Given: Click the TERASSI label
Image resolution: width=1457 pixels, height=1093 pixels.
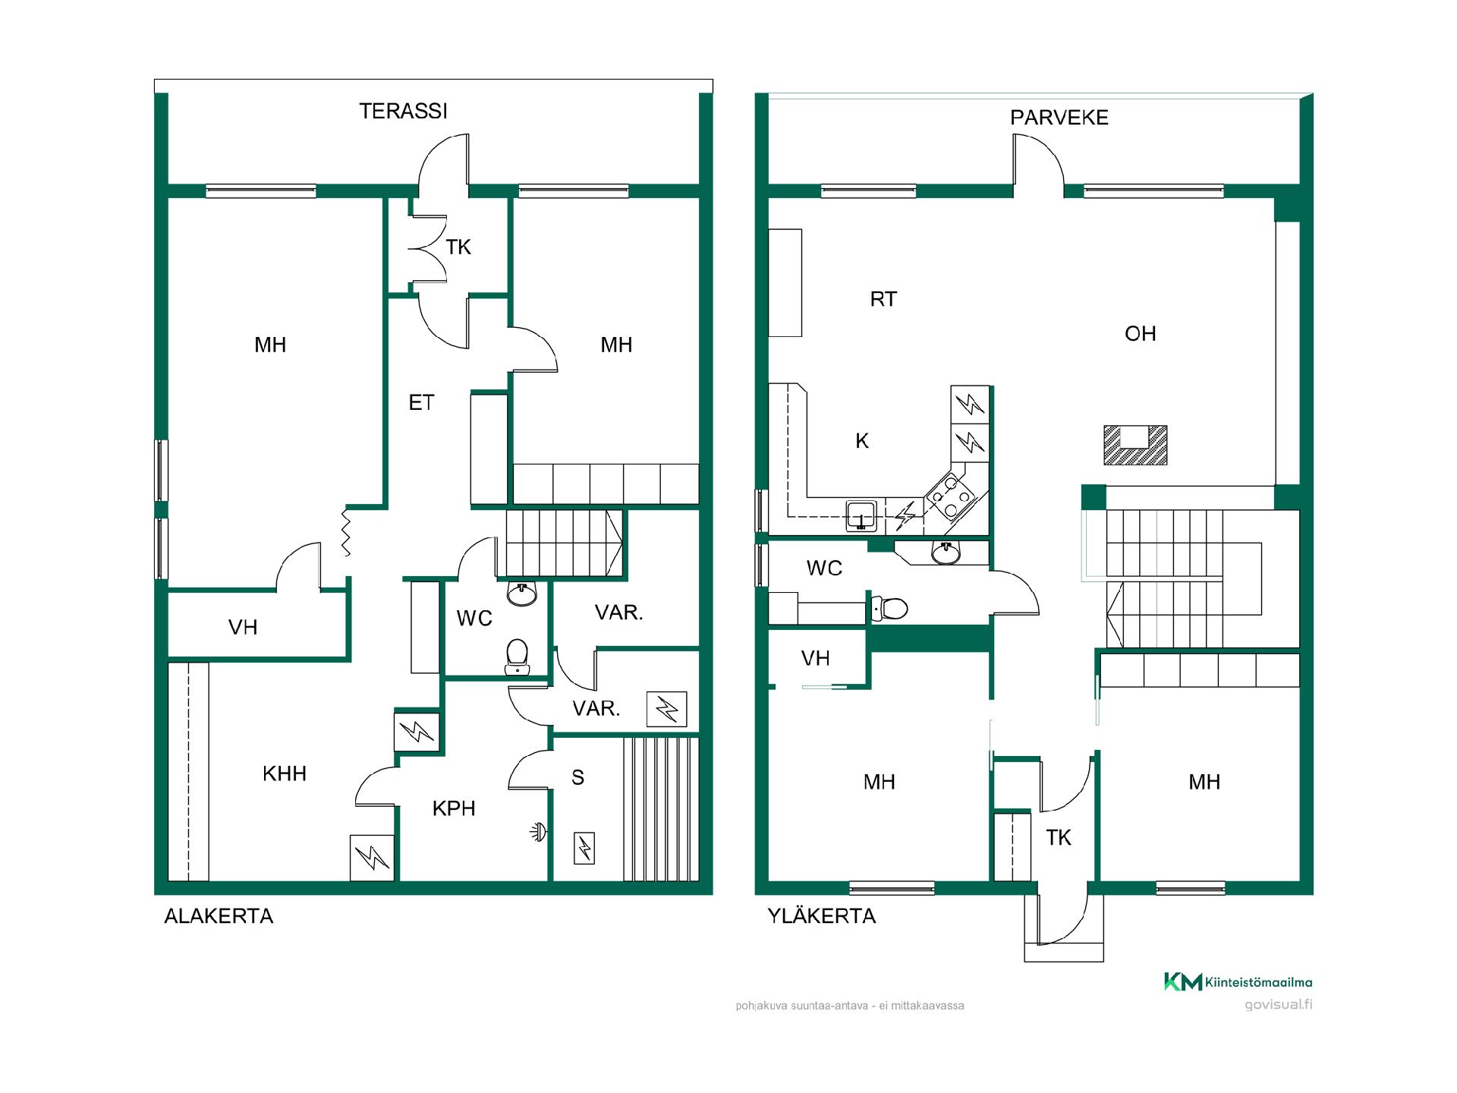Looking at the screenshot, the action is tap(403, 112).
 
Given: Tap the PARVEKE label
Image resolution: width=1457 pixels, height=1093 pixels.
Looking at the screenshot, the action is tap(1059, 118).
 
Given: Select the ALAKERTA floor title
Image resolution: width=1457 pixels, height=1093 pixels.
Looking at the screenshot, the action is tap(219, 916).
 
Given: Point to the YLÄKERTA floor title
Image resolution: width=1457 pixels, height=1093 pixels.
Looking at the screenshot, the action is tap(822, 916).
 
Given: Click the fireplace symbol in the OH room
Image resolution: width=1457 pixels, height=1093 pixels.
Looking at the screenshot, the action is tap(1135, 445).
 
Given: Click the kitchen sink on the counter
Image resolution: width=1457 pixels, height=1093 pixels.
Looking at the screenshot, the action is tap(861, 515).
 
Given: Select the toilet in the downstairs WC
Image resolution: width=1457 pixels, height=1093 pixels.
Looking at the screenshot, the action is tap(517, 656).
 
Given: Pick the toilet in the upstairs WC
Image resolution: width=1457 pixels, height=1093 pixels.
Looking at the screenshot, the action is tap(889, 608).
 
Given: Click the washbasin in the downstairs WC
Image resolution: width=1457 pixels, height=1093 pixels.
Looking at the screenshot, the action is tap(521, 594).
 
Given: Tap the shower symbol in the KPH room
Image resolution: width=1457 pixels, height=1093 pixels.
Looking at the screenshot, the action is tap(538, 833).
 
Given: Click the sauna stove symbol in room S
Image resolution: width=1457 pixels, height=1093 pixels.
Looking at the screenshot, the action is tap(584, 848).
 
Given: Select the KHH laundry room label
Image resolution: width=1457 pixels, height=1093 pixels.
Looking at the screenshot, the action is tap(285, 773).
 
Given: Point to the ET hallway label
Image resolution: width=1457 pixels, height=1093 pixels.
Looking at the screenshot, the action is tap(421, 402).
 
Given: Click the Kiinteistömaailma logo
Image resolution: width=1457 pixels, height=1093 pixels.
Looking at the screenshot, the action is tap(1238, 982).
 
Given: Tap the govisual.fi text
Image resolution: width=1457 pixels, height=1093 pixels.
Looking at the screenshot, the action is tap(1279, 1005).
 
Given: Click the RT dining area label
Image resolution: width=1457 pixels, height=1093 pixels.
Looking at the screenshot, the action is tap(883, 299).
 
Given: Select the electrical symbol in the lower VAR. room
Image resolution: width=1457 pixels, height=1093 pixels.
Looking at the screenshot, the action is tap(666, 709).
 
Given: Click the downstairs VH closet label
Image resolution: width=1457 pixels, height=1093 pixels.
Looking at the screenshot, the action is tap(243, 627).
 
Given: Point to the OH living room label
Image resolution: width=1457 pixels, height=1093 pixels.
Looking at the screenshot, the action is tap(1140, 333).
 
